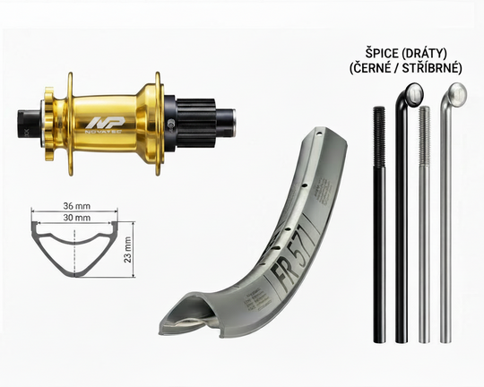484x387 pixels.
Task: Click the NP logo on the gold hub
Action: pos(105,123)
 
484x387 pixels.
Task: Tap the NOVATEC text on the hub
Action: pos(103,131)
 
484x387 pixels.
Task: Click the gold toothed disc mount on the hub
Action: pos(49,120)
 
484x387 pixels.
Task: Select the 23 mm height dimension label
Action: pos(127,249)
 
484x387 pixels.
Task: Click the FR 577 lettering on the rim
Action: pos(292,253)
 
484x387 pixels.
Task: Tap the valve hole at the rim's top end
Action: pos(320,134)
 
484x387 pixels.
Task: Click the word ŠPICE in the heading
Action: pos(382,54)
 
